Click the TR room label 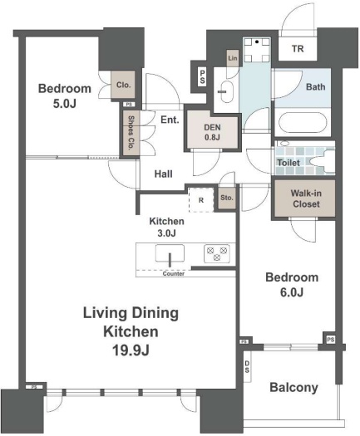point(298,49)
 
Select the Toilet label point(288,163)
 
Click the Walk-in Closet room point(305,198)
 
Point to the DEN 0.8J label point(212,132)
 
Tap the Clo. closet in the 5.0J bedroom point(123,85)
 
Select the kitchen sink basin point(170,253)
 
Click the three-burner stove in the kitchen point(217,253)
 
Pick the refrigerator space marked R point(201,200)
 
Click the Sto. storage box point(227,198)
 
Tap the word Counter point(174,273)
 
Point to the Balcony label point(293,388)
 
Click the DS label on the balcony point(247,367)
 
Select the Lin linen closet point(233,58)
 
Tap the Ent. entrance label point(170,120)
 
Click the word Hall point(164,174)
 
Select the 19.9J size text point(131,350)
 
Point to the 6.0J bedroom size point(292,292)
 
